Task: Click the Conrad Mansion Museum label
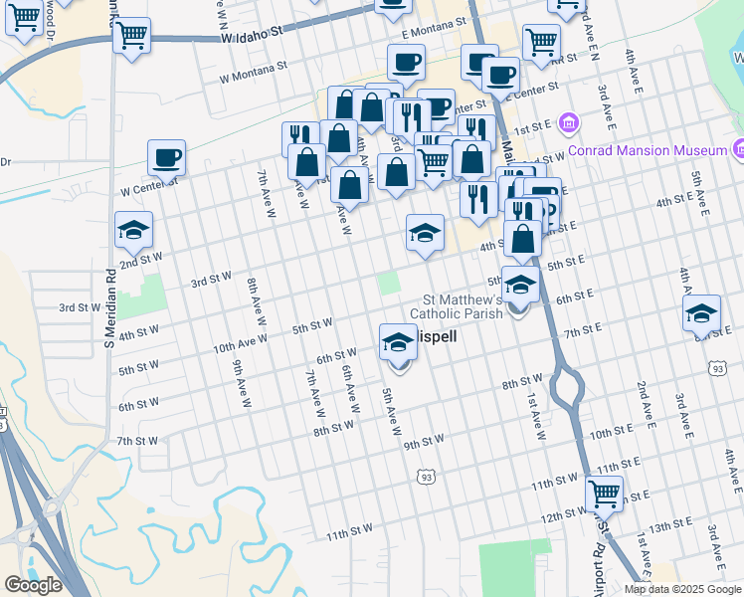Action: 648,151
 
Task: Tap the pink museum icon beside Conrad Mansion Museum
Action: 569,123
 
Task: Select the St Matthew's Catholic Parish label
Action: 464,306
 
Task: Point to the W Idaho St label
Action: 253,33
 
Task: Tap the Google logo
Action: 33,584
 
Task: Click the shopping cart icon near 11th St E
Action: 604,492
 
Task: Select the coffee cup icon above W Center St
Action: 166,156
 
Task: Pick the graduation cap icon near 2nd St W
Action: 133,230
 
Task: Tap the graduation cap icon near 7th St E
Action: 701,312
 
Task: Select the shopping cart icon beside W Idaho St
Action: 131,36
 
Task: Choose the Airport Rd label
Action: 599,566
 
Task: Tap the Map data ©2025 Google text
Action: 682,589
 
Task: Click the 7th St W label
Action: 137,441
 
